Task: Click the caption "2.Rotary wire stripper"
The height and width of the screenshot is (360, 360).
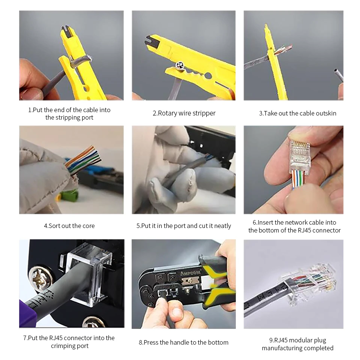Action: (x=184, y=113)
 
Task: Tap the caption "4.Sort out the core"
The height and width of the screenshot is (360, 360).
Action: (x=69, y=226)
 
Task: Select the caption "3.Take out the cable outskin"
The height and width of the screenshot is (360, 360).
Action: (x=297, y=113)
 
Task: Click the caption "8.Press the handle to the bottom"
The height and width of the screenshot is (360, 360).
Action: (x=183, y=342)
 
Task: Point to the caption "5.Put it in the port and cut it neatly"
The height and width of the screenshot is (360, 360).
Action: (x=184, y=226)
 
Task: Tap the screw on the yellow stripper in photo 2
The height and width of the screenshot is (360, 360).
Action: (x=178, y=67)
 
